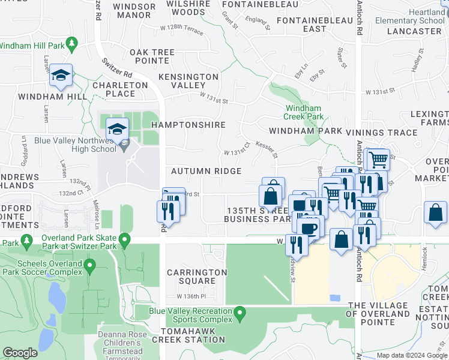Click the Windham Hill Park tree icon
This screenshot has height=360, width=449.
point(72,44)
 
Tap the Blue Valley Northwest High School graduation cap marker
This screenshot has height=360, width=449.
point(117,128)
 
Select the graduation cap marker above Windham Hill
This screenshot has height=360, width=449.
point(61,75)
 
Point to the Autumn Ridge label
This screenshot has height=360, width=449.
point(206,171)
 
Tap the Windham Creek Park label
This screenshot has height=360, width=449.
point(304,112)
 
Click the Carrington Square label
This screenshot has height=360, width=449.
point(197,277)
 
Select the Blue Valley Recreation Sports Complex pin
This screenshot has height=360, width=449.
point(240,313)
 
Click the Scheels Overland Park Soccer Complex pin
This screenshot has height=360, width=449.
point(90,265)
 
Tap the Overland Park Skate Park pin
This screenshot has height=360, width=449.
point(124,241)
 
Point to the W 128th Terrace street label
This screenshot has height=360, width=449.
point(182,28)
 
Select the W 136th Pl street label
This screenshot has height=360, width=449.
point(191,296)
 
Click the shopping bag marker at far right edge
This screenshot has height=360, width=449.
point(435,213)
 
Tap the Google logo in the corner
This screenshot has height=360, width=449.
point(20,353)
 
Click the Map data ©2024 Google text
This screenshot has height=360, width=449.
point(411,355)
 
